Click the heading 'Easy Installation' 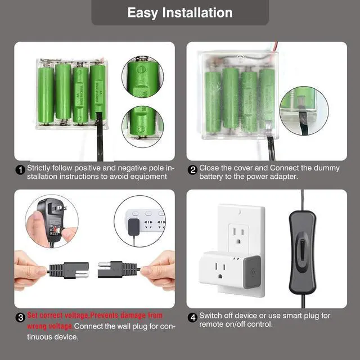tap(179, 12)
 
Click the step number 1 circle tap(20, 169)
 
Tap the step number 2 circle tap(193, 169)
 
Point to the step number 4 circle tap(193, 317)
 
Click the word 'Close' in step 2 tap(211, 168)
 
